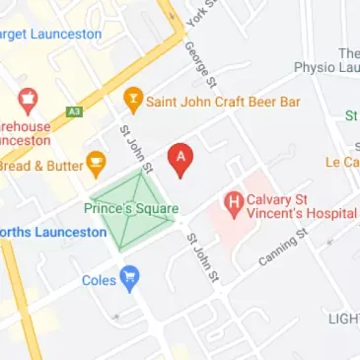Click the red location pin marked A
click(180, 159)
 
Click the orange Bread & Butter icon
click(96, 163)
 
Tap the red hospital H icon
click(235, 205)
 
